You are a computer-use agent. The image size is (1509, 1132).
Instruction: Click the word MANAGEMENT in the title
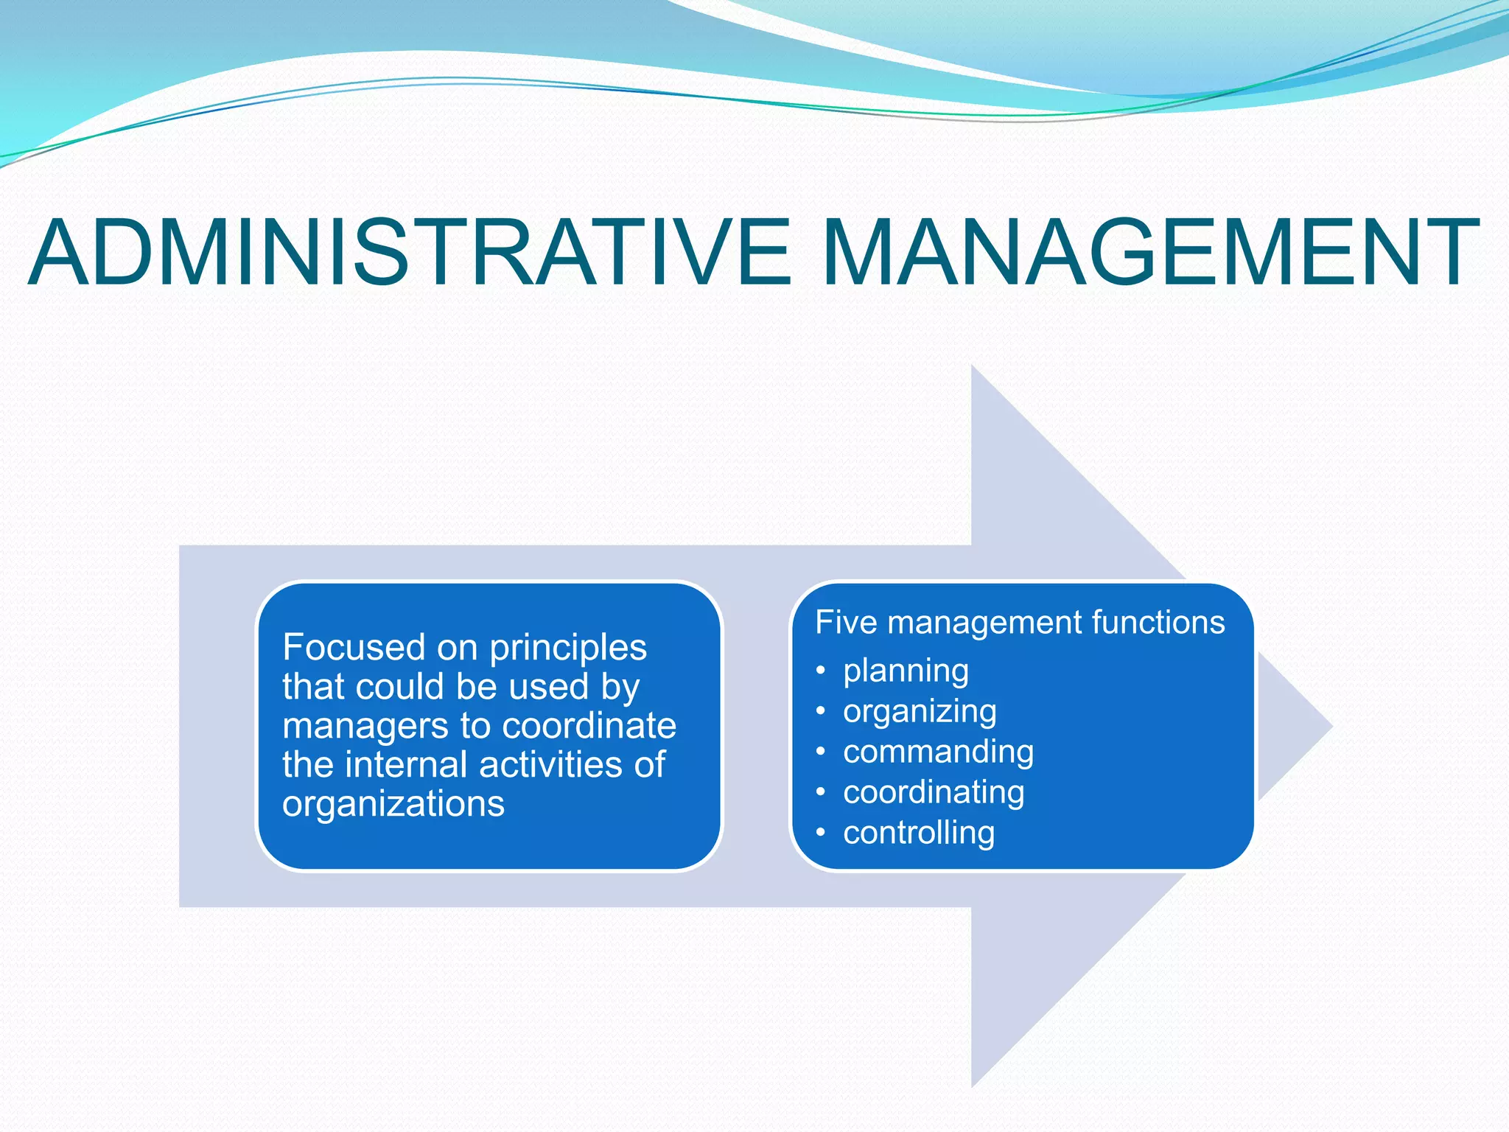coord(1149,252)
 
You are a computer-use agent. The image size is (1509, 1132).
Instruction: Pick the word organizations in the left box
coord(393,804)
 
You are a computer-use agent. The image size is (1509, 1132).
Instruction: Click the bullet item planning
coord(906,671)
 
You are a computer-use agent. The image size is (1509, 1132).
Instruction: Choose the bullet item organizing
coord(920,712)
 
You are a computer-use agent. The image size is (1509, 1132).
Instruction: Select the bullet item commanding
coord(938,752)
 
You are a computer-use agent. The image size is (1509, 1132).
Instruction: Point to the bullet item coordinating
coord(934,793)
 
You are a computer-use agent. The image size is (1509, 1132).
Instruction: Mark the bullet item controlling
coord(919,834)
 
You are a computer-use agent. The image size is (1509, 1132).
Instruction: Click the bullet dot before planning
coord(821,671)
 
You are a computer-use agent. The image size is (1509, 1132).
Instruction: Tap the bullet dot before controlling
coord(821,834)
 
